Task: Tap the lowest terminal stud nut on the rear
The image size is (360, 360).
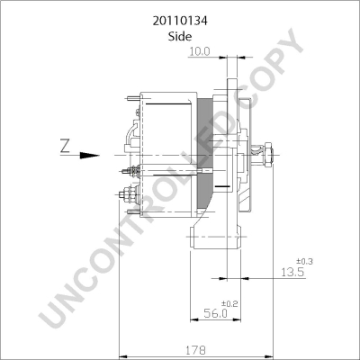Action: [x=127, y=191]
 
